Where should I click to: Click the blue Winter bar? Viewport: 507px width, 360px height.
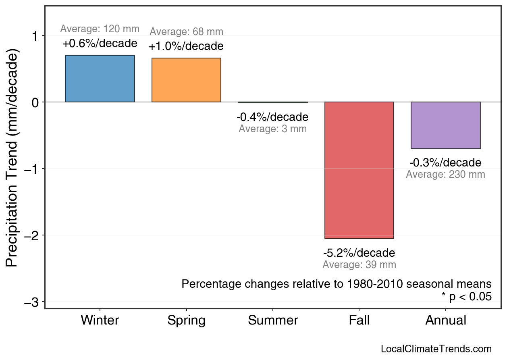100,79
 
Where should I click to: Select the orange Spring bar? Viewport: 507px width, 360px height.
186,80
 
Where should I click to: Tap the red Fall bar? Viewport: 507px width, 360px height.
359,170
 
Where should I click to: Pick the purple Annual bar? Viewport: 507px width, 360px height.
445,125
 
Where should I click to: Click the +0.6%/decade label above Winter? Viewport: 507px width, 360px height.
100,43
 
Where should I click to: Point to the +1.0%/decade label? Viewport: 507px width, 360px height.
186,46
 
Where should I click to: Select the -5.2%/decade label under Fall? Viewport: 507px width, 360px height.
359,253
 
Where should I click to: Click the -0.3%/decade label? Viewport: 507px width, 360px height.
445,163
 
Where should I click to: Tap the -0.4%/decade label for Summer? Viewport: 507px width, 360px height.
272,117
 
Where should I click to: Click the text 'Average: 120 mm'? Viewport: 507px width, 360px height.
100,29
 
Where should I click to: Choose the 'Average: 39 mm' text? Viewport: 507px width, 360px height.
359,265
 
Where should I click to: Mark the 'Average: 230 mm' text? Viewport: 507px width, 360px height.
445,175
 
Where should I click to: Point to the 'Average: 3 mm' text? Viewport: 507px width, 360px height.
272,129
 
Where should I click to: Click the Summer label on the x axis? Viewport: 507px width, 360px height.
273,320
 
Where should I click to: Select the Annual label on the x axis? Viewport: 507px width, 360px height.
446,320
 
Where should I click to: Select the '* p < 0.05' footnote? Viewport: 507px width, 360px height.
466,297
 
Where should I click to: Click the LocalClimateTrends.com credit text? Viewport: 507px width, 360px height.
436,349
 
